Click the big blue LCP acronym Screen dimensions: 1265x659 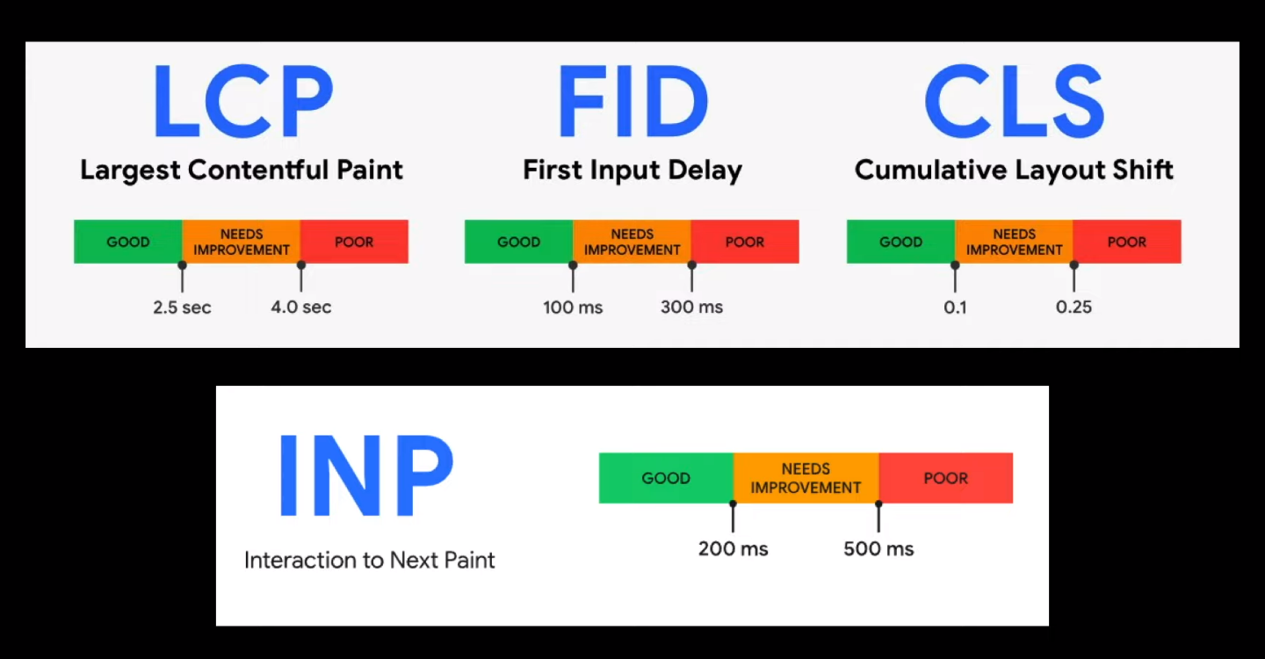click(243, 101)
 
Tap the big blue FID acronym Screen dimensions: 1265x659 click(633, 101)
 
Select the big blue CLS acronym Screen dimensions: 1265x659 click(1015, 101)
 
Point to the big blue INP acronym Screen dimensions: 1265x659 click(366, 475)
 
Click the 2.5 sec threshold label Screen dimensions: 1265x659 click(182, 308)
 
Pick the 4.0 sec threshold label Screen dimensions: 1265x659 click(301, 308)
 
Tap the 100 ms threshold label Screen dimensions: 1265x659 click(573, 308)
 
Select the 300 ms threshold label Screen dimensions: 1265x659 click(692, 308)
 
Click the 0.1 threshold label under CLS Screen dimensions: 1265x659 click(955, 308)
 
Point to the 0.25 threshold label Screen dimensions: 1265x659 click(1073, 308)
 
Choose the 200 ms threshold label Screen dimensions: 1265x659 click(733, 549)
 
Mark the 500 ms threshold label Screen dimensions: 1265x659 click(878, 549)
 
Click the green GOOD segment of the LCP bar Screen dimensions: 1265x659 click(128, 242)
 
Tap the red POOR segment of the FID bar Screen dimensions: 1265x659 click(745, 242)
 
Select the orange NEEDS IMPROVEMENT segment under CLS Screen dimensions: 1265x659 click(1015, 242)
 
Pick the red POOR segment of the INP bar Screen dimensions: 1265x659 click(946, 478)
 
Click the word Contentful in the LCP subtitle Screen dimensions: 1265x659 click(258, 170)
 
